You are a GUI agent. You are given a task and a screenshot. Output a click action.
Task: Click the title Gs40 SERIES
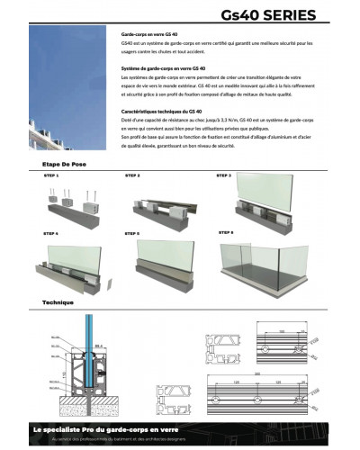(x=267, y=15)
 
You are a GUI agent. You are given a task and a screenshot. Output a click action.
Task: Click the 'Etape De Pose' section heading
(x=63, y=166)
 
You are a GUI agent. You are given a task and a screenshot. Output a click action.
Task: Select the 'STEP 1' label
(x=51, y=177)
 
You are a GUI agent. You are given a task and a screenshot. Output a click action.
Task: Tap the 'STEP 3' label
(x=223, y=175)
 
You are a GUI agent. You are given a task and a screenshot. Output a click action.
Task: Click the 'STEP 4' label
(x=51, y=233)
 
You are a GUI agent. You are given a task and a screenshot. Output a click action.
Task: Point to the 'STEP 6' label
(x=224, y=233)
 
